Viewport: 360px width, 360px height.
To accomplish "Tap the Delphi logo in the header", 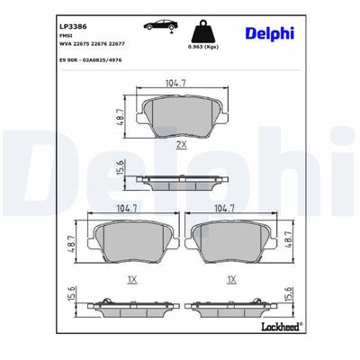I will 268,34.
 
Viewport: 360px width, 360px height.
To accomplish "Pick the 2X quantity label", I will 180,144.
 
